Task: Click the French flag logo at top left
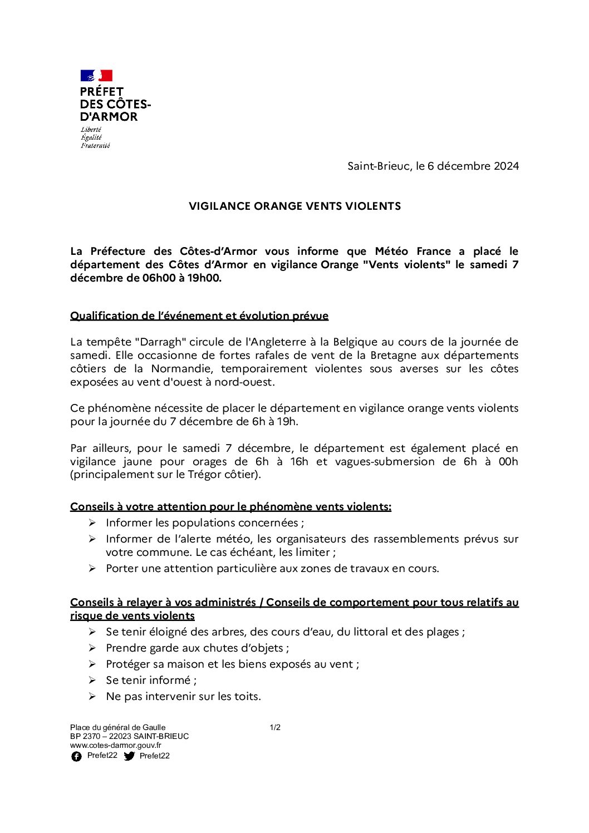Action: pos(96,76)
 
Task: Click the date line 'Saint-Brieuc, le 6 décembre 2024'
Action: pos(433,166)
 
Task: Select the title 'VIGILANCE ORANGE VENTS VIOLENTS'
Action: pos(294,206)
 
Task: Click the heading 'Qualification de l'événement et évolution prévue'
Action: pos(199,316)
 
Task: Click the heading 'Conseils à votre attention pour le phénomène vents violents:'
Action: pos(230,506)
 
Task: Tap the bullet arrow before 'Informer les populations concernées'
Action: pos(92,523)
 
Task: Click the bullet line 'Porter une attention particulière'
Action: pos(272,568)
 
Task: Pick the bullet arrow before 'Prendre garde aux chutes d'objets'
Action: pos(92,648)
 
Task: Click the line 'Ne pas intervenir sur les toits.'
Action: pos(183,696)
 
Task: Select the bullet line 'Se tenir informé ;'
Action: pos(151,680)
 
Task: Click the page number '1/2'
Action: pos(275,727)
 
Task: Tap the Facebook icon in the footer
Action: pos(76,756)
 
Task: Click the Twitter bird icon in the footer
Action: pos(129,756)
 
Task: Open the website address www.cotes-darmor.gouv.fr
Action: pos(115,745)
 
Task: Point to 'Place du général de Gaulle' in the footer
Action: pos(117,727)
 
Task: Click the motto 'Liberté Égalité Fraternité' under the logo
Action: pos(95,137)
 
